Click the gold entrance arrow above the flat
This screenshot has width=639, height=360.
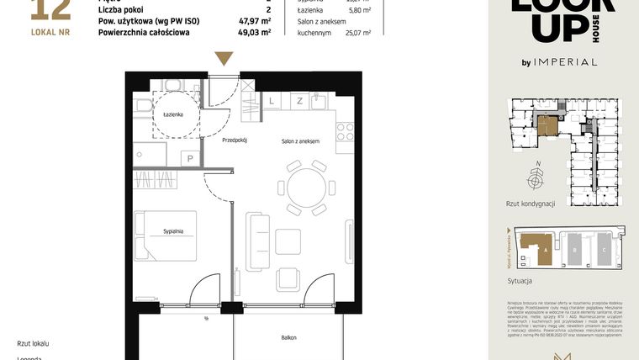tap(223, 58)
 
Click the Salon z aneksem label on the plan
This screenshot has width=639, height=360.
tap(300, 141)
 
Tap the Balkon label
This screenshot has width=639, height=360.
tap(288, 337)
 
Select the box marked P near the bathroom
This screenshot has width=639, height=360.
tap(191, 157)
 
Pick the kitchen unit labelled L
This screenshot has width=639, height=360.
tap(272, 101)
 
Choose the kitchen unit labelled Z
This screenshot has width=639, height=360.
tap(298, 101)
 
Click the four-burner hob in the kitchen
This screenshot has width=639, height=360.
tap(345, 131)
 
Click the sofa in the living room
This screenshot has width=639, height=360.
tap(257, 241)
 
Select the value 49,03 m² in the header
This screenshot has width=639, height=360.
tap(254, 33)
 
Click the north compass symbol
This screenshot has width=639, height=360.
tap(536, 179)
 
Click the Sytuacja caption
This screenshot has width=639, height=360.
tap(520, 280)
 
